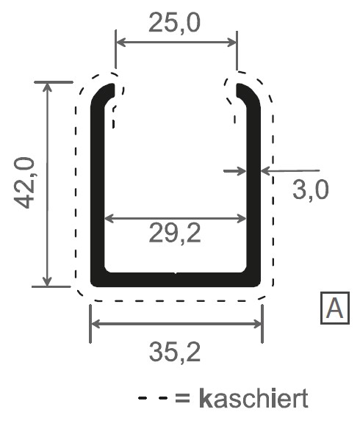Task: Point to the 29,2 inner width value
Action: pos(175,236)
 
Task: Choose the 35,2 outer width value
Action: pos(175,354)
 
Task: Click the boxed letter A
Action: pos(335,309)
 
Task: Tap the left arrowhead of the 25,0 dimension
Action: pos(120,42)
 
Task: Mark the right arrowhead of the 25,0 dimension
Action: pos(233,42)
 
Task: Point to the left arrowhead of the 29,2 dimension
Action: pos(107,218)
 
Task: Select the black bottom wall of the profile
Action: pos(175,279)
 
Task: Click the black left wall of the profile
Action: pos(96,191)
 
